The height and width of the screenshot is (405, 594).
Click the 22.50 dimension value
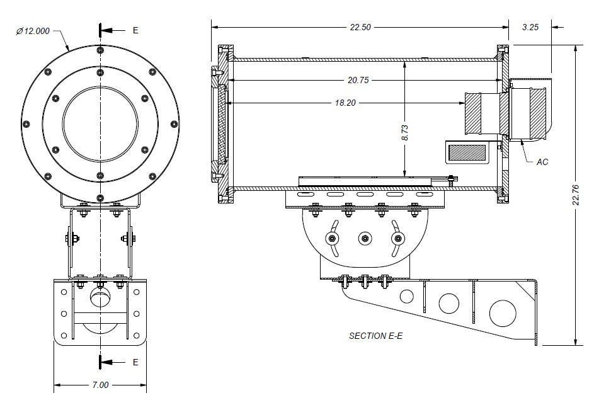click(x=360, y=26)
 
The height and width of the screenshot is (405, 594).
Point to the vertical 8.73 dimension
click(x=404, y=132)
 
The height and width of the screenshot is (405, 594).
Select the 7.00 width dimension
click(x=100, y=384)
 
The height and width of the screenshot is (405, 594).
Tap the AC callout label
click(x=542, y=162)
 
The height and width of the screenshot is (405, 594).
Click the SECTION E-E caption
click(x=375, y=336)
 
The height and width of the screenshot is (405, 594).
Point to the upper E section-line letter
click(x=135, y=30)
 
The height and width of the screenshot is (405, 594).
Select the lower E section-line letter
click(x=135, y=362)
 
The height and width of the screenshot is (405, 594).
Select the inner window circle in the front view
click(x=100, y=121)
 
